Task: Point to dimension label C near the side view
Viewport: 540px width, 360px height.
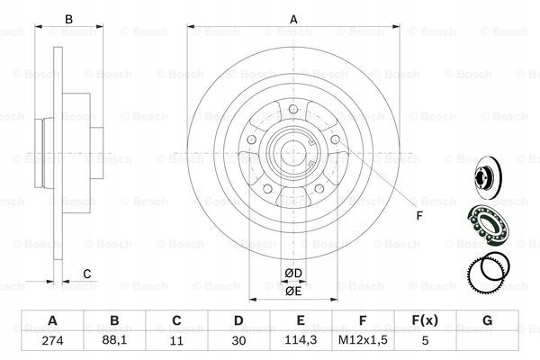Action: (x=86, y=274)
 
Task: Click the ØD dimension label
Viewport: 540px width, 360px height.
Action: (x=292, y=273)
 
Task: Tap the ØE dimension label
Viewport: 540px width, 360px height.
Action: (x=292, y=291)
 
